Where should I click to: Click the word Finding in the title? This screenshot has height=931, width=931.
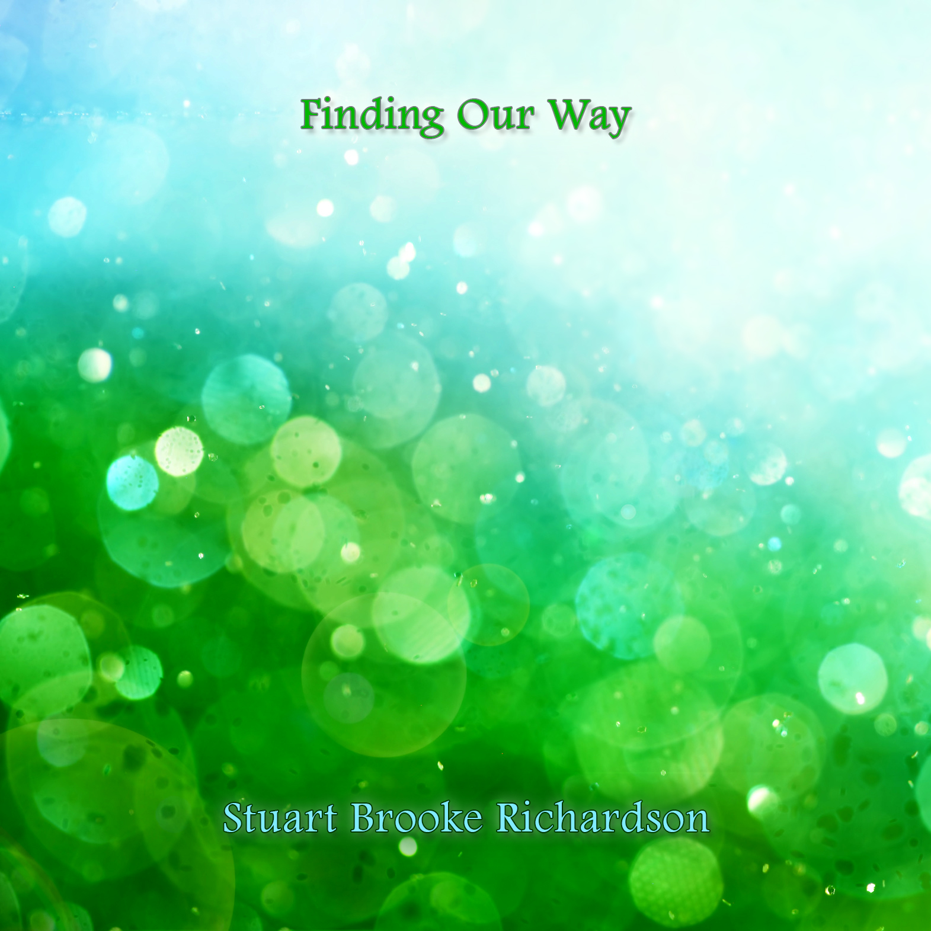coord(372,116)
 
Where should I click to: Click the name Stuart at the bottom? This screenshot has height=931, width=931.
coord(280,818)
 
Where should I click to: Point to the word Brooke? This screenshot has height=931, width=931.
coord(417,818)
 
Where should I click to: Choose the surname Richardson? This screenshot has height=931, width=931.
coord(603,818)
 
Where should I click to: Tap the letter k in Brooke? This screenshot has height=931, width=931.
coord(450,818)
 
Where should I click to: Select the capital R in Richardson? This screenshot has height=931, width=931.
coord(510,818)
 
